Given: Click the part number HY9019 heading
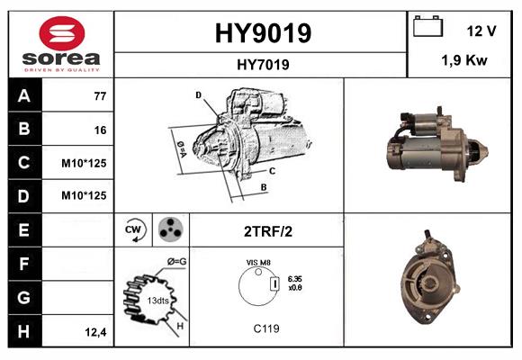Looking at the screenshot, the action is tap(263, 33).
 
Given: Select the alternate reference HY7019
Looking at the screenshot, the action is tap(263, 65).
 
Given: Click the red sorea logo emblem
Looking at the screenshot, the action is tap(62, 33).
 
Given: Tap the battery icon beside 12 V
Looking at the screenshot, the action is tap(427, 26).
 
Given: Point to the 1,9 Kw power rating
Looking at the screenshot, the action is tap(464, 60).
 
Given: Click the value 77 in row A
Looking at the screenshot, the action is tap(100, 96).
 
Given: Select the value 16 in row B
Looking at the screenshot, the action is tap(100, 130).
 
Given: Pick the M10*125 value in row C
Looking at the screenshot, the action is tap(84, 163).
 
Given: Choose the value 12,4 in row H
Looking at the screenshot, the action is tap(95, 332).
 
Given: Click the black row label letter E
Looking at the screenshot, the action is tap(23, 229).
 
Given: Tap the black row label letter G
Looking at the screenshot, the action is tap(23, 297).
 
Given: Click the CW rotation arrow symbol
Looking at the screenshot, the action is tap(134, 230).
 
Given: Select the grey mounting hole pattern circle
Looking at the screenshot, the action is tap(171, 229).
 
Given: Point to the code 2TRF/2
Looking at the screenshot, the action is tap(268, 231).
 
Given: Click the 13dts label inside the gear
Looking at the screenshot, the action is tap(157, 301).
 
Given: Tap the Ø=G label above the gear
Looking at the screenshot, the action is tap(176, 262).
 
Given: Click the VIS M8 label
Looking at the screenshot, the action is tap(258, 263).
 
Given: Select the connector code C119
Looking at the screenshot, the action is tap(266, 328).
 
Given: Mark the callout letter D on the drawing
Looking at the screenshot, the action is tap(198, 95).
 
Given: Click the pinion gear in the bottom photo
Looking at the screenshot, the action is tap(428, 283).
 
